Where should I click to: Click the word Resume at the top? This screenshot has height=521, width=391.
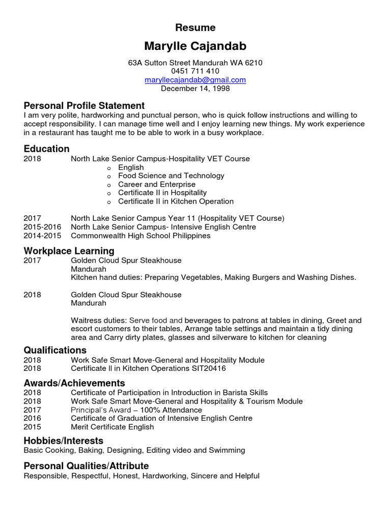coord(195,27)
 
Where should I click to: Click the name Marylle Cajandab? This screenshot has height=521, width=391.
coord(195,46)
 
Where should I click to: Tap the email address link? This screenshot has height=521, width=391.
coord(195,80)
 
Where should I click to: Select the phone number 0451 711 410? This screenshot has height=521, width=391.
coord(195,71)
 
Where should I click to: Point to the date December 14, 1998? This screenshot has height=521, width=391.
coord(195,89)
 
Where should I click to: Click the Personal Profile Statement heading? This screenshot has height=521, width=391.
coord(84,106)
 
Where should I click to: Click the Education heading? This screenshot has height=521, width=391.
coord(46,149)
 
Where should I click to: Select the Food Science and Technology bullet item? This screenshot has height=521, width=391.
coord(171,176)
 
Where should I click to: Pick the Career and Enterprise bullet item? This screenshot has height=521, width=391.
coord(156,184)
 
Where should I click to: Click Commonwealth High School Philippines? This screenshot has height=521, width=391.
coord(141,236)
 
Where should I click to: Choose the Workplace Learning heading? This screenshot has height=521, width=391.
coord(69,251)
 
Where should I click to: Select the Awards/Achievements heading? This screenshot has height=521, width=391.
coord(74,383)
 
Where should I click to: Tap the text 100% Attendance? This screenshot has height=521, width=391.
coord(173,410)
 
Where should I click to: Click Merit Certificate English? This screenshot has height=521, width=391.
coord(112,427)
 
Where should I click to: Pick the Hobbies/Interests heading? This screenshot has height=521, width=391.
coord(63,441)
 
